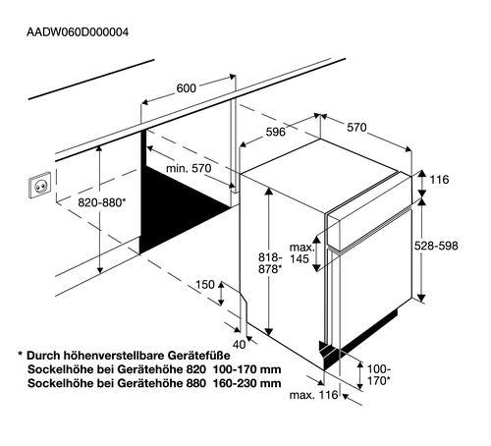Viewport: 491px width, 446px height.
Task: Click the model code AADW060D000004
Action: pyautogui.click(x=78, y=32)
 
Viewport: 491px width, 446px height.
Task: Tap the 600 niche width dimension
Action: pyautogui.click(x=187, y=88)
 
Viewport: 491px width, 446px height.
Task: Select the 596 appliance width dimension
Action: pyautogui.click(x=275, y=132)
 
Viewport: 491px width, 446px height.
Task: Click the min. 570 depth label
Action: pyautogui.click(x=189, y=169)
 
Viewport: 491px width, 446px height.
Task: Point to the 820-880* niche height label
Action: pyautogui.click(x=101, y=203)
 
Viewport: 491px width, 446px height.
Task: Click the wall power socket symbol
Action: pyautogui.click(x=39, y=185)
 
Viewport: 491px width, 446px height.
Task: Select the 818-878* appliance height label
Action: pyautogui.click(x=270, y=263)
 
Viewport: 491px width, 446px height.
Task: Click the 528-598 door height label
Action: pyautogui.click(x=436, y=246)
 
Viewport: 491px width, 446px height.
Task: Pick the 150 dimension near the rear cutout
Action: pyautogui.click(x=205, y=285)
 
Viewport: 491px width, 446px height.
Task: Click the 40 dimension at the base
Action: pyautogui.click(x=239, y=345)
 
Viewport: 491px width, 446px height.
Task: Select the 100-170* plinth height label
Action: pyautogui.click(x=379, y=375)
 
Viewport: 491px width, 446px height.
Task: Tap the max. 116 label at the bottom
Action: pyautogui.click(x=313, y=395)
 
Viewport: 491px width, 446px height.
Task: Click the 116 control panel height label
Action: pyautogui.click(x=439, y=180)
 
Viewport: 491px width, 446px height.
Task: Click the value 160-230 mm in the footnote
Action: pyautogui.click(x=247, y=383)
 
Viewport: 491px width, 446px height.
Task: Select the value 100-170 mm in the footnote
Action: pyautogui.click(x=247, y=369)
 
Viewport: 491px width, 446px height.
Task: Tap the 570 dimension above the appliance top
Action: pyautogui.click(x=356, y=128)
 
